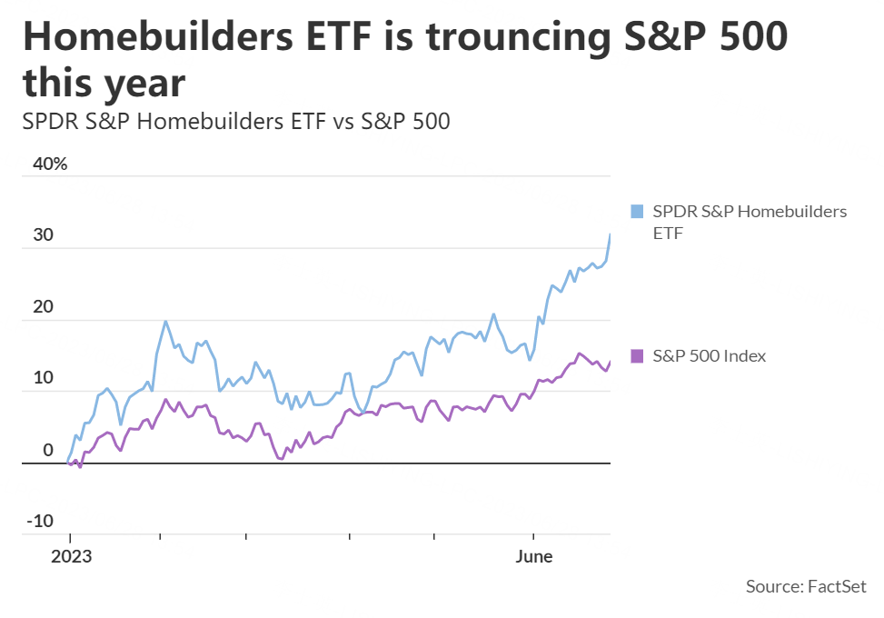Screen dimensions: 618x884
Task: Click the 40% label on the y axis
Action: point(49,164)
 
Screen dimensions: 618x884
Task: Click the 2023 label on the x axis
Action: point(71,556)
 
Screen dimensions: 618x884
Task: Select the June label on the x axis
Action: point(533,556)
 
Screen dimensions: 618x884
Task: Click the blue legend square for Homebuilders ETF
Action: point(637,212)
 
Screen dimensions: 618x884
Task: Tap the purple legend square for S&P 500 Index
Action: point(637,355)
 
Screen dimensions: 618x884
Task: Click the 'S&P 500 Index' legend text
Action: point(710,355)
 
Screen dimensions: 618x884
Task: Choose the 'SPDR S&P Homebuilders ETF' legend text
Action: point(750,222)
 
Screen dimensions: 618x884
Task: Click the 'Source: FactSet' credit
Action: point(806,586)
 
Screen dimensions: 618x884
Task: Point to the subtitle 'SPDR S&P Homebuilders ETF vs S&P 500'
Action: point(236,120)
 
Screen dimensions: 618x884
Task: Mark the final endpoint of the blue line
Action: point(610,234)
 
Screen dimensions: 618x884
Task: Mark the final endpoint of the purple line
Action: point(610,361)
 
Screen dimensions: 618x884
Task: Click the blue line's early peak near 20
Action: point(165,321)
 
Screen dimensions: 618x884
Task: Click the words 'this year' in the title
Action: point(104,84)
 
